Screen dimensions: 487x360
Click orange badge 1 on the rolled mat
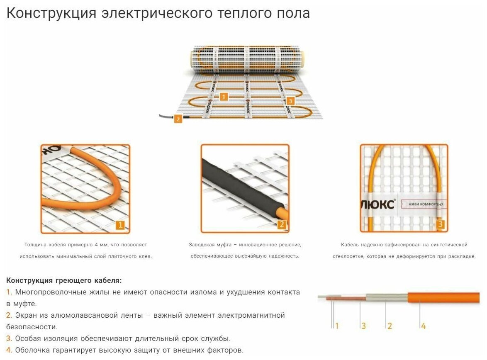click(224, 97)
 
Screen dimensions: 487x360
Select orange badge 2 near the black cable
click(178, 119)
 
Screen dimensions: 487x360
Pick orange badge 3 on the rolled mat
click(290, 101)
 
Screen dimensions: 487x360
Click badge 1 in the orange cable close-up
click(120, 225)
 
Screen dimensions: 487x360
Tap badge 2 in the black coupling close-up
click(281, 225)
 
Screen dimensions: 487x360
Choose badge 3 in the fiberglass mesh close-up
click(440, 225)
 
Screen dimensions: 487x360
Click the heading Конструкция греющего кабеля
click(64, 281)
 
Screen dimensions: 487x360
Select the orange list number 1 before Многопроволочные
click(9, 292)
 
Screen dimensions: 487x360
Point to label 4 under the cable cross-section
click(423, 326)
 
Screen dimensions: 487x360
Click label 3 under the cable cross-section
click(363, 326)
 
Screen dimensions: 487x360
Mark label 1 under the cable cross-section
click(337, 326)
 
